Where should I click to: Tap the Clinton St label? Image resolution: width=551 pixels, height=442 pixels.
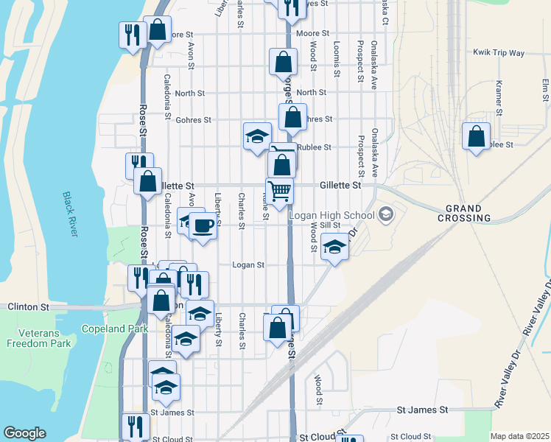point(28,306)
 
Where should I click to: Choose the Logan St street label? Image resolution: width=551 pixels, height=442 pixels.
point(248,265)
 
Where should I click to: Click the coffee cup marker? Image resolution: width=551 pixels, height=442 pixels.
point(203,225)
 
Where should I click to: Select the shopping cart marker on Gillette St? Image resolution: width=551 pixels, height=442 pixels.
point(279,191)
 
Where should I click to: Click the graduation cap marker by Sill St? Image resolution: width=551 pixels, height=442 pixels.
point(334,249)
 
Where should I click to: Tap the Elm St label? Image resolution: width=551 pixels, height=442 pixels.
point(545,91)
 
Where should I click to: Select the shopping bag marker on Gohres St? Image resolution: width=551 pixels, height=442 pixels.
point(292,117)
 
